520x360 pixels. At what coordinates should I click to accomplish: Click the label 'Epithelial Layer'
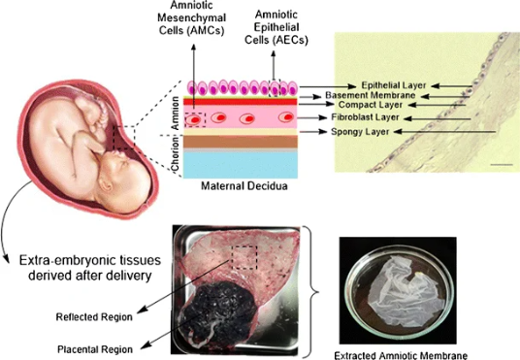pyautogui.click(x=394, y=85)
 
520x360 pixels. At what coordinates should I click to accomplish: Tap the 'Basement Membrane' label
pyautogui.click(x=370, y=95)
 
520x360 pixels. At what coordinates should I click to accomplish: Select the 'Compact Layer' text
pyautogui.click(x=371, y=105)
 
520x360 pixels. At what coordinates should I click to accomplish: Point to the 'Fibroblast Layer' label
pyautogui.click(x=365, y=117)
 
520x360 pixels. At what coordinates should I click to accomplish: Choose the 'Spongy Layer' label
pyautogui.click(x=360, y=132)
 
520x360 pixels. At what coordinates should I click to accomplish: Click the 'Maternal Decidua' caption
pyautogui.click(x=244, y=185)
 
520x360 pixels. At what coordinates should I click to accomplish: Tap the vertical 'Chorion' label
pyautogui.click(x=175, y=154)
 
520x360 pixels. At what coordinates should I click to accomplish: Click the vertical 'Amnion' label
pyautogui.click(x=175, y=113)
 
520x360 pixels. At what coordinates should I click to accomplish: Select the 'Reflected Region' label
pyautogui.click(x=94, y=317)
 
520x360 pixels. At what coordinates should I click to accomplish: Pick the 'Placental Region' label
pyautogui.click(x=95, y=349)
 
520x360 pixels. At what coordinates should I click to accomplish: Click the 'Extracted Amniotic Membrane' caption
pyautogui.click(x=401, y=356)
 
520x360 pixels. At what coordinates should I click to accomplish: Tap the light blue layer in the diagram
pyautogui.click(x=241, y=165)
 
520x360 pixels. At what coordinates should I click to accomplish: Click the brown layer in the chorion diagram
pyautogui.click(x=241, y=142)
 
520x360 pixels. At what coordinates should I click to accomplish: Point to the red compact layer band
pyautogui.click(x=241, y=102)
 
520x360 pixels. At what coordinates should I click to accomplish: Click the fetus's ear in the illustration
pyautogui.click(x=106, y=184)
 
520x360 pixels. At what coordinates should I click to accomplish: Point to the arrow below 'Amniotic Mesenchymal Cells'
pyautogui.click(x=193, y=82)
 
